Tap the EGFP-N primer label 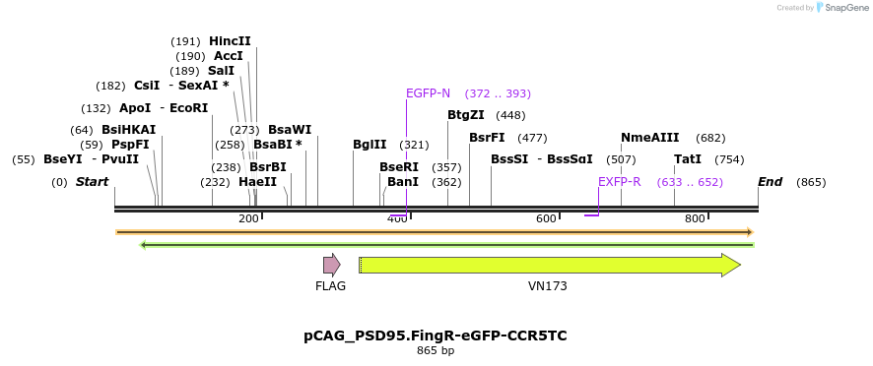(428, 93)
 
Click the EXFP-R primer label (620, 182)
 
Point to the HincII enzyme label (230, 41)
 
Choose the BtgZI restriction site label (466, 115)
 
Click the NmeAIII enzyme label (650, 138)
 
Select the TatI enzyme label (688, 159)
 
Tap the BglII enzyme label (369, 145)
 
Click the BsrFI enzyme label (487, 138)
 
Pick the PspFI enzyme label (130, 145)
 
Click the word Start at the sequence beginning (92, 182)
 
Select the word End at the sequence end (770, 182)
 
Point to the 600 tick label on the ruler (546, 218)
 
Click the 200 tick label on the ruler (248, 218)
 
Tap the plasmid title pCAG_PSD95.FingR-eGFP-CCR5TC (436, 335)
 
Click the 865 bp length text (436, 350)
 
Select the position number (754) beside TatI (729, 159)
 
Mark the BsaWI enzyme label (290, 130)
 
